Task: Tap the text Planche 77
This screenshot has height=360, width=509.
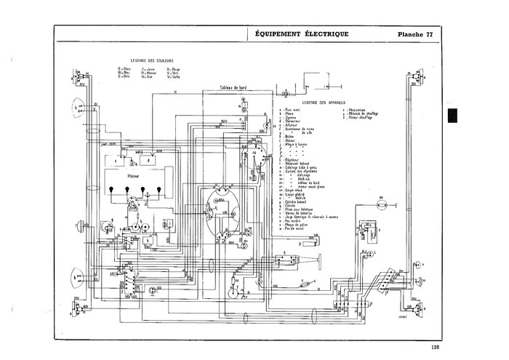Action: click(x=421, y=34)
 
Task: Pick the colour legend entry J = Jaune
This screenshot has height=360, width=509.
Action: click(x=150, y=68)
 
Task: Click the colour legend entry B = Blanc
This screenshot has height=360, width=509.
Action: click(x=124, y=68)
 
